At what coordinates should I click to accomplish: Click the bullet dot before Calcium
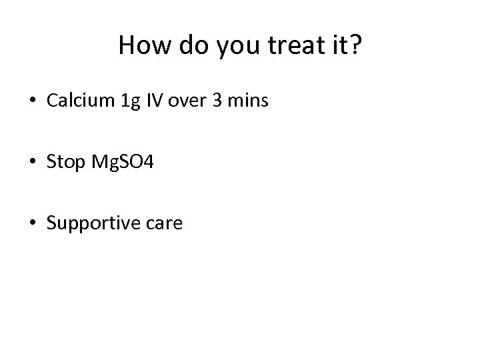[x=33, y=101]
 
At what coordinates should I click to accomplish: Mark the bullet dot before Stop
[x=33, y=163]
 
